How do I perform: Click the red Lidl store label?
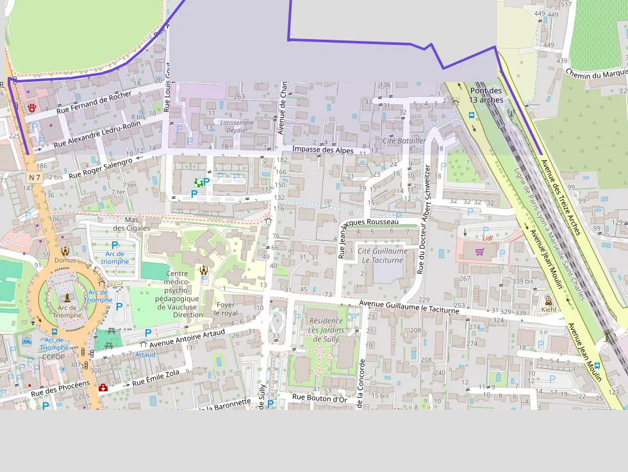(488, 238)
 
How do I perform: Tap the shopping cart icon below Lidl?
(479, 252)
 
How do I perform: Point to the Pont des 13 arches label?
(486, 95)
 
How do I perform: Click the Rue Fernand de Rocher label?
(94, 102)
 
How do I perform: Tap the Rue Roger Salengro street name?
(101, 167)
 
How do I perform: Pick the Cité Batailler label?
(404, 140)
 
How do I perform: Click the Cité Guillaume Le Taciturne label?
(383, 256)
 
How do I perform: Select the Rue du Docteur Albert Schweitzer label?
(424, 219)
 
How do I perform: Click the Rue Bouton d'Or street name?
(320, 397)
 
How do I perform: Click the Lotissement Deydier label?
(236, 126)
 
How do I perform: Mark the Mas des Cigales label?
(131, 224)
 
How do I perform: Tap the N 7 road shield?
(34, 176)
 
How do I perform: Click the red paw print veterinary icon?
(31, 108)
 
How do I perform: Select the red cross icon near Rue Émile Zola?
(103, 387)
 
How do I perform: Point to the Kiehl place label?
(549, 309)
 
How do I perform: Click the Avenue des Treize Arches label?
(560, 196)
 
